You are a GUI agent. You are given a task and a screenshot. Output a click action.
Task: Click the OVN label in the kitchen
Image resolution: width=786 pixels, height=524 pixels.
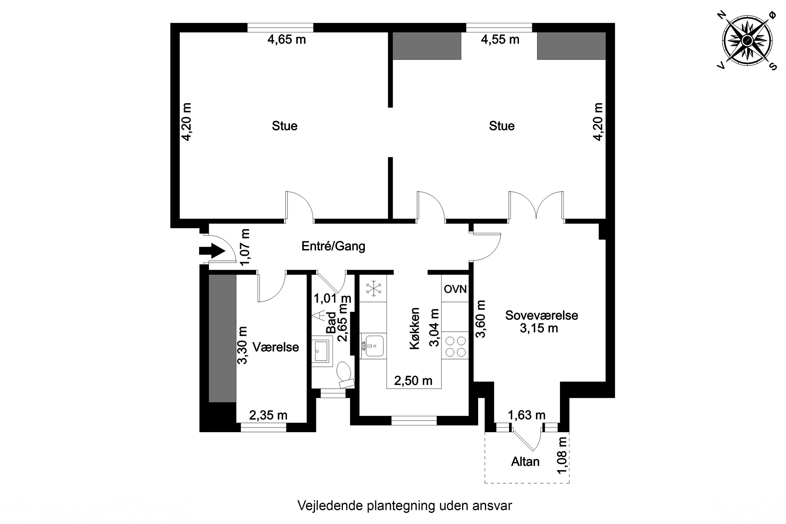tap(455, 289)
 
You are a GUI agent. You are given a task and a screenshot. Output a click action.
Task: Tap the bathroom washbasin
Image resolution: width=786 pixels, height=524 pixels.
tap(321, 351)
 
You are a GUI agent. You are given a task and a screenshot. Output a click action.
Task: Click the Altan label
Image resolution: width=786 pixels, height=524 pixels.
tap(525, 461)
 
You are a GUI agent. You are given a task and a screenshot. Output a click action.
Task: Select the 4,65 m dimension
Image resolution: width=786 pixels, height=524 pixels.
tap(286, 40)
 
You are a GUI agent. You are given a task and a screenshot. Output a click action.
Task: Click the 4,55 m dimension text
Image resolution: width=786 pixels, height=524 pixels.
tap(500, 40)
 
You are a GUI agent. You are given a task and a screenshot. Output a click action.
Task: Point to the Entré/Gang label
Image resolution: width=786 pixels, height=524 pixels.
tap(333, 246)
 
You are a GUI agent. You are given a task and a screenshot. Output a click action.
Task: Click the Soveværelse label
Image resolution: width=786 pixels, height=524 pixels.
tap(541, 315)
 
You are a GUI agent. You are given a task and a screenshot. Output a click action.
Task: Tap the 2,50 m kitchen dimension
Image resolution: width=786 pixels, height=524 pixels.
tap(413, 380)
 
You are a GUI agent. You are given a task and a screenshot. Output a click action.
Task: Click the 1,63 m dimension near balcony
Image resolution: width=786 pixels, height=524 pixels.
tap(526, 415)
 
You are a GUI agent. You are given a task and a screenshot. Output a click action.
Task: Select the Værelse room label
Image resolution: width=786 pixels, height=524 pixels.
tap(275, 347)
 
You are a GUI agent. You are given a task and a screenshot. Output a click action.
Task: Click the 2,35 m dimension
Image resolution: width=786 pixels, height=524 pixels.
tap(268, 415)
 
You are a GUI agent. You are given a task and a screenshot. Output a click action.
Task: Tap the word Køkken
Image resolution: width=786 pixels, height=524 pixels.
tap(415, 329)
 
